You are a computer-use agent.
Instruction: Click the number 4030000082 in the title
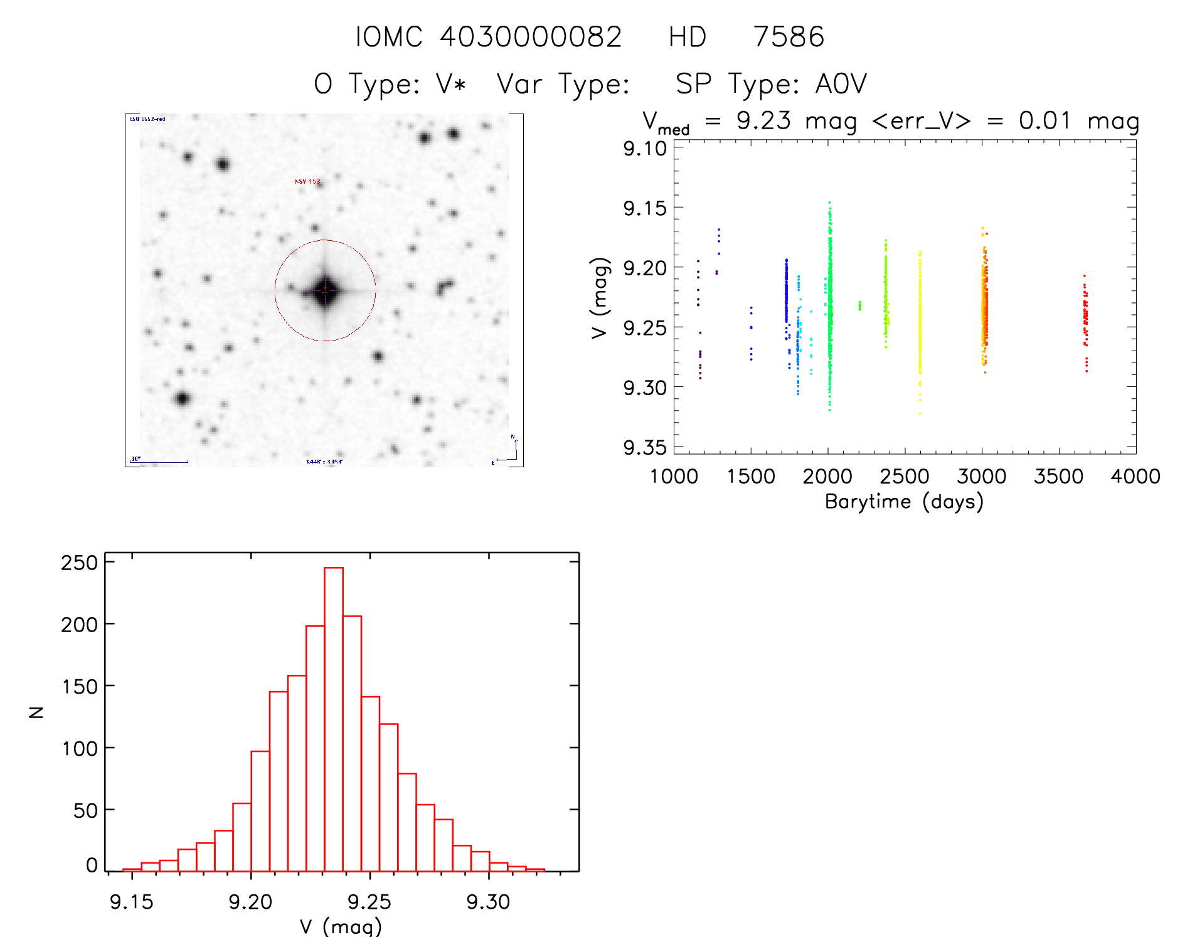pyautogui.click(x=530, y=37)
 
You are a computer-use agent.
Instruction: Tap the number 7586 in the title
pyautogui.click(x=789, y=37)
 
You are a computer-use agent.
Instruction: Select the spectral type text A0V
pyautogui.click(x=841, y=84)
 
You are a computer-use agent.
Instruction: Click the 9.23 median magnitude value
pyautogui.click(x=763, y=120)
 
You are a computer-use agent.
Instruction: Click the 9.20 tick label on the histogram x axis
pyautogui.click(x=250, y=902)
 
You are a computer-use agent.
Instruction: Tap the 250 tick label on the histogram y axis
pyautogui.click(x=80, y=563)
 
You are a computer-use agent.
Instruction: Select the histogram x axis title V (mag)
pyautogui.click(x=341, y=926)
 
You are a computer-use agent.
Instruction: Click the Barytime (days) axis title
pyautogui.click(x=904, y=502)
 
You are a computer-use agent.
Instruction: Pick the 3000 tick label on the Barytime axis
pyautogui.click(x=982, y=477)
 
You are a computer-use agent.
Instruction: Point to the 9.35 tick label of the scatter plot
pyautogui.click(x=645, y=447)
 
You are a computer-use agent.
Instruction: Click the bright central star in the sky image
pyautogui.click(x=325, y=290)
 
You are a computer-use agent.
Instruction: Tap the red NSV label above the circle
pyautogui.click(x=307, y=182)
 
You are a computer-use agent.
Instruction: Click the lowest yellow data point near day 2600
pyautogui.click(x=920, y=414)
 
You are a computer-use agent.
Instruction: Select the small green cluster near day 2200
pyautogui.click(x=859, y=305)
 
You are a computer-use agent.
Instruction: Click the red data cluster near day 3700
pyautogui.click(x=1085, y=320)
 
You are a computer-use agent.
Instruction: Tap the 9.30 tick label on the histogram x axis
pyautogui.click(x=488, y=902)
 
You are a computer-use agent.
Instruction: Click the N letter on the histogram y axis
pyautogui.click(x=37, y=712)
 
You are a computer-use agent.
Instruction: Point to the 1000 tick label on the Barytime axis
pyautogui.click(x=674, y=477)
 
